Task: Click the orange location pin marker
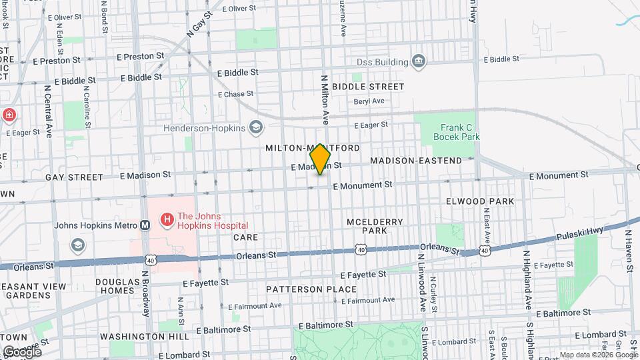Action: tap(320, 159)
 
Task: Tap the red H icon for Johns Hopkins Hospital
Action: tap(166, 218)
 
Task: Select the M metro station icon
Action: tap(145, 225)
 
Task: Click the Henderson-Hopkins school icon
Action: tap(255, 127)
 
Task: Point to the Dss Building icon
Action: tap(419, 62)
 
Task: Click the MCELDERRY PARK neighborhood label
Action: tap(366, 225)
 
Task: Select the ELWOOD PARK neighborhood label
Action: tap(480, 201)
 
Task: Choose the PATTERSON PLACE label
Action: tap(311, 289)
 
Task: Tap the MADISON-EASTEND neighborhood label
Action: tap(416, 161)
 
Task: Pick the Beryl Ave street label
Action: tap(369, 101)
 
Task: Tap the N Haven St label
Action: tap(628, 251)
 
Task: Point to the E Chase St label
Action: tap(236, 94)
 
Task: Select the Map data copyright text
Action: tap(598, 355)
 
